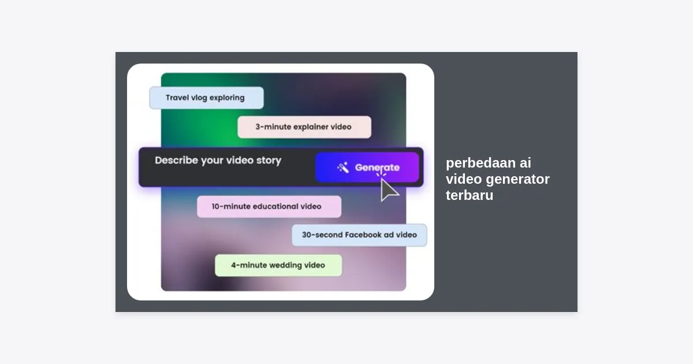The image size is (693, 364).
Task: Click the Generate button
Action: coord(367,167)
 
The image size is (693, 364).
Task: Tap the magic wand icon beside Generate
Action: coord(343,168)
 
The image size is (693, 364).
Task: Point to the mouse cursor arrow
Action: coord(389,190)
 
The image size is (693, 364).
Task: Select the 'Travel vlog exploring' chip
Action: coord(206,98)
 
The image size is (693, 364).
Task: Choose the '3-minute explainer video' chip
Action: coord(304,127)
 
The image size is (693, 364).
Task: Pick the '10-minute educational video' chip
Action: coord(269,206)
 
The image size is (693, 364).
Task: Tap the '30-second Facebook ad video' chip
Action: coord(359,235)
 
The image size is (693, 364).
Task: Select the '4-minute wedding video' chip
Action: coord(278,265)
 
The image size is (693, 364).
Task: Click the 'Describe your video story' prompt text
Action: coord(218,161)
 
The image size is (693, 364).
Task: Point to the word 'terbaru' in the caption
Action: coord(470,195)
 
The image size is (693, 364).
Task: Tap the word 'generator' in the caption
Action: coord(518,180)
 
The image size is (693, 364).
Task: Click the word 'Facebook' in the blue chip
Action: coord(363,235)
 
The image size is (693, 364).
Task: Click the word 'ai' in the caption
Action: coord(526,163)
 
